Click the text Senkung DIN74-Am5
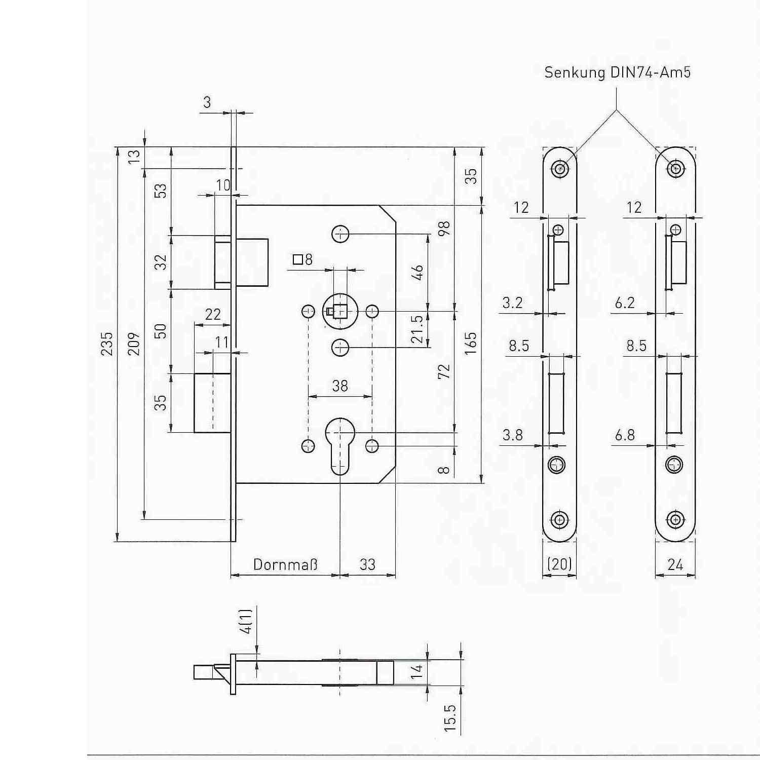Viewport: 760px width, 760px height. point(617,72)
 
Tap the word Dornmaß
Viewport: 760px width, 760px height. point(285,564)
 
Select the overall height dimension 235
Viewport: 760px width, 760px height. point(107,344)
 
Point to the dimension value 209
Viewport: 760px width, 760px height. point(134,344)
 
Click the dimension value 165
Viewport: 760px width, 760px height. point(471,344)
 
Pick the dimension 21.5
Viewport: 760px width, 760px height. point(417,329)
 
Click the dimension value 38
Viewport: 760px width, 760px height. point(340,386)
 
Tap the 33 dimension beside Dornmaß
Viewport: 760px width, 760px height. point(367,564)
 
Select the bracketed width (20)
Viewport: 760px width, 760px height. point(559,564)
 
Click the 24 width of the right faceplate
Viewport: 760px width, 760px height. point(675,564)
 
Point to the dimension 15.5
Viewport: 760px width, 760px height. point(450,718)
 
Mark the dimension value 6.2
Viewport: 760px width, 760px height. point(625,303)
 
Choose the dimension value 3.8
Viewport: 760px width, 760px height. point(512,435)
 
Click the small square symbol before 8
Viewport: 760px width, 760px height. point(298,260)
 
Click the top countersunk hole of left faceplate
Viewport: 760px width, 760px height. point(559,168)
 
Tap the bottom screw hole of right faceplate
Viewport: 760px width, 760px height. point(675,519)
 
